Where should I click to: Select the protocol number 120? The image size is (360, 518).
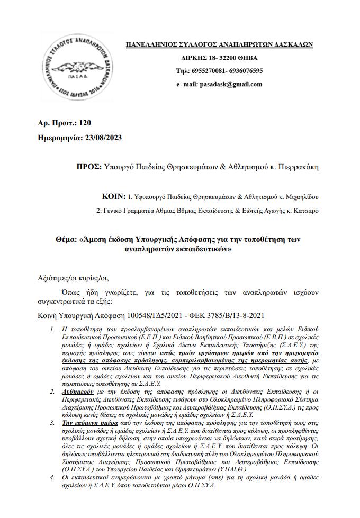[x=85, y=123]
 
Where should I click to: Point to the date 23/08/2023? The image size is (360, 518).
[x=103, y=138]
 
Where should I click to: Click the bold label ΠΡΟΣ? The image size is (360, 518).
[x=89, y=167]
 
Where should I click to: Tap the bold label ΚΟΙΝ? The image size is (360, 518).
[x=113, y=196]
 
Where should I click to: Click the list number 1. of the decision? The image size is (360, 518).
[x=52, y=330]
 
